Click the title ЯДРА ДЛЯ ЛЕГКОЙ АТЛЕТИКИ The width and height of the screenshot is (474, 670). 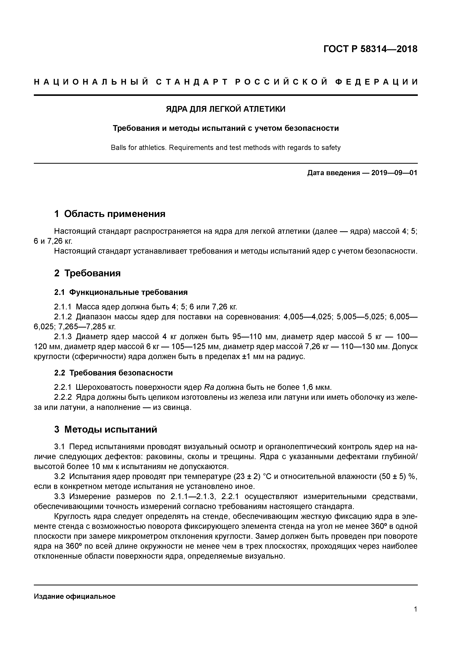pos(226,109)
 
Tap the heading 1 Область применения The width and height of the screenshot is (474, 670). pos(110,214)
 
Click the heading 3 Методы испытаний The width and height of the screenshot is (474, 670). pos(106,430)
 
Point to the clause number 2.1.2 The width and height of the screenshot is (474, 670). pos(63,317)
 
